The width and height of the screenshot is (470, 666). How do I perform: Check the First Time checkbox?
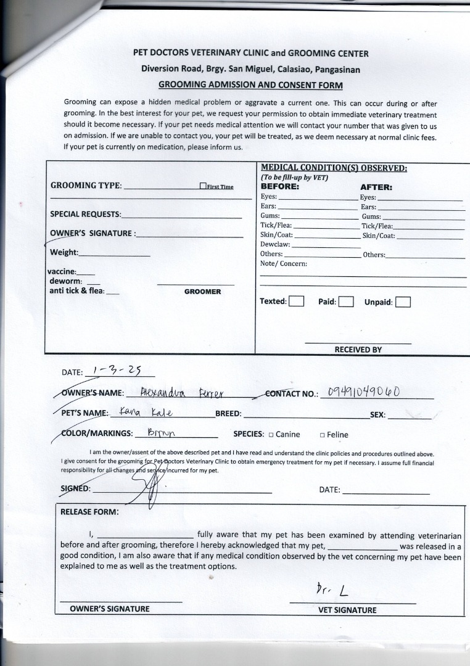(x=203, y=186)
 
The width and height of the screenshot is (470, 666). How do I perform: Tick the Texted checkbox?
(x=297, y=302)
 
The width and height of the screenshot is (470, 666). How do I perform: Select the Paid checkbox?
(x=346, y=302)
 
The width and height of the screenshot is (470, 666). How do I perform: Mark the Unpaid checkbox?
(x=403, y=302)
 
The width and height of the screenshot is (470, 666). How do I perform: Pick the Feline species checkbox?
(x=322, y=435)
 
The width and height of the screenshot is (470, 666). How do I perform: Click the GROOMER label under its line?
(x=202, y=292)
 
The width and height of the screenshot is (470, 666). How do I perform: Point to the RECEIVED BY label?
(x=358, y=350)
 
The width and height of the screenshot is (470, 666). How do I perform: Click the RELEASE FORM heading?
(x=89, y=511)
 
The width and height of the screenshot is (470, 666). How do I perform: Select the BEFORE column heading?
(x=280, y=186)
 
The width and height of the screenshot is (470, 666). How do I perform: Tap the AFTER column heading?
(x=376, y=187)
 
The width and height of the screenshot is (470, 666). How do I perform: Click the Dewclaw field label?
(x=275, y=244)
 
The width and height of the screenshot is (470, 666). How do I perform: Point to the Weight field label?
(x=64, y=252)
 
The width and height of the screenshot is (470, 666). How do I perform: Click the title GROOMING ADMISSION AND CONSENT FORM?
(x=250, y=85)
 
